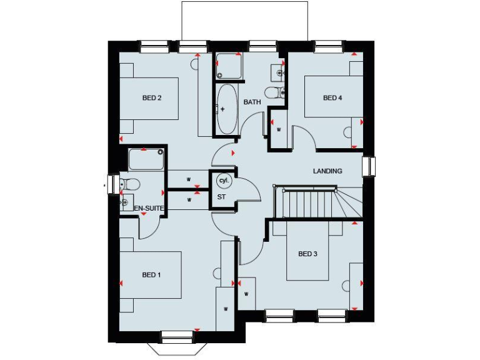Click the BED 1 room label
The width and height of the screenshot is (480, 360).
click(x=151, y=275)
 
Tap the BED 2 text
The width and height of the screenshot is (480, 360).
click(x=152, y=97)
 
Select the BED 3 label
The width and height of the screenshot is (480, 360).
click(x=308, y=254)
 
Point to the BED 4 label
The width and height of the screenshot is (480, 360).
click(x=332, y=97)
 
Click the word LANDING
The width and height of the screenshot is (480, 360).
click(x=327, y=171)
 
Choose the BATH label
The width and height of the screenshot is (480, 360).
click(x=252, y=102)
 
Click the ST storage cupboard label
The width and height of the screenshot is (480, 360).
click(x=221, y=197)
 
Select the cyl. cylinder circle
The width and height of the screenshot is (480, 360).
click(x=224, y=181)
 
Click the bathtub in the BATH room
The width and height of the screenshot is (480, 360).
click(x=226, y=109)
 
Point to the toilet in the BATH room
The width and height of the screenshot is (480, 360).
click(x=274, y=93)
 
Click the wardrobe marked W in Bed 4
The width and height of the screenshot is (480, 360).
click(x=279, y=130)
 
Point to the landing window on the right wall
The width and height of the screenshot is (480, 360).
click(x=369, y=166)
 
